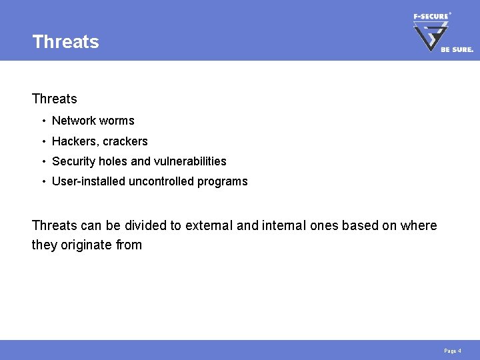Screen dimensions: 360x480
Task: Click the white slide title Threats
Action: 65,41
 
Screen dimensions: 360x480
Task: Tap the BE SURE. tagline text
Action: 457,49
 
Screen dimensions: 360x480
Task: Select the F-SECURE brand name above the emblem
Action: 431,16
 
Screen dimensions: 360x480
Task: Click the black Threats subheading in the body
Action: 54,99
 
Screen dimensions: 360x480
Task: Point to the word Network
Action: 73,121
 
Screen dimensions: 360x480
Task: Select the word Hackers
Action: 74,141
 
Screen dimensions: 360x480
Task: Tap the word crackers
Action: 125,141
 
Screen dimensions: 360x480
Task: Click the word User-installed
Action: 88,181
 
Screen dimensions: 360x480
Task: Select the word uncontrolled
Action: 161,181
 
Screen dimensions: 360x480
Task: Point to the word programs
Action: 223,181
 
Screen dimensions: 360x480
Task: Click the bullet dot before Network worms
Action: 43,121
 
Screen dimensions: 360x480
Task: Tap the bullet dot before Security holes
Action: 43,161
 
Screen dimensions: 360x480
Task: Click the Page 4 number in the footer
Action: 453,351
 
